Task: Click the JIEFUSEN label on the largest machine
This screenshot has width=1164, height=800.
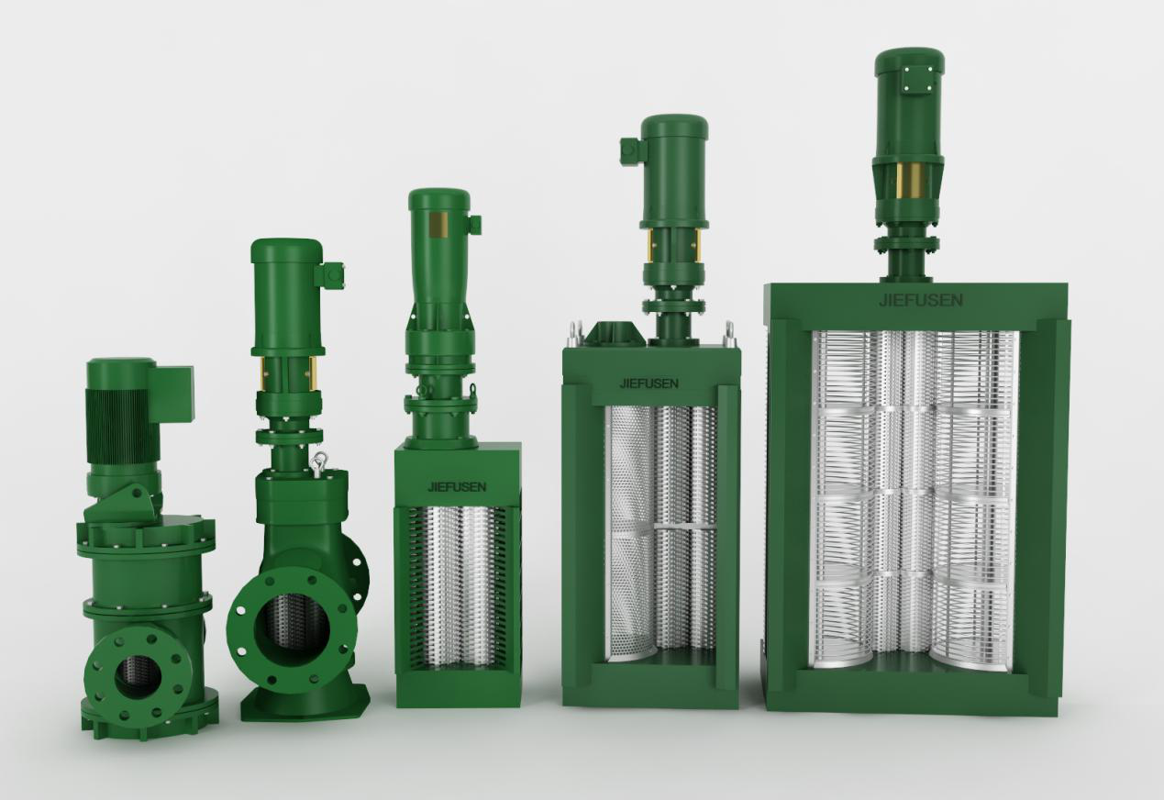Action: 920,300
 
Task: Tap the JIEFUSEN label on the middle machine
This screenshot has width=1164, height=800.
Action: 457,487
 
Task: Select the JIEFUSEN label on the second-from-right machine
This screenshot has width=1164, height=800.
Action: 649,383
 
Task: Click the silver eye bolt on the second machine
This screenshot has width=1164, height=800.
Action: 318,462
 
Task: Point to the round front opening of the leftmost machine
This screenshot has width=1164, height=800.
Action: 139,676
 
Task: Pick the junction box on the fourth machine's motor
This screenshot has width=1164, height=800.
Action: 631,150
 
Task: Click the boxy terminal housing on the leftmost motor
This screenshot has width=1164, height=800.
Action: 175,393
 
